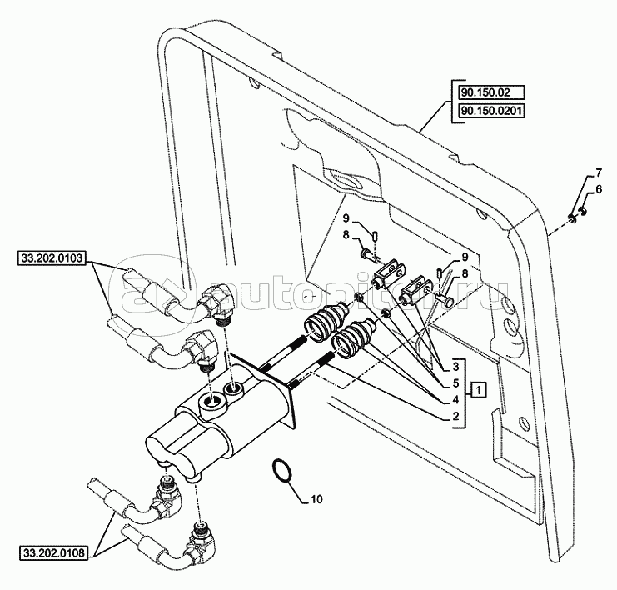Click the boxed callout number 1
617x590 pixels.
coord(477,389)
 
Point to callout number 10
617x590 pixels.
coord(316,500)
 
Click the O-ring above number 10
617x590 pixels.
coord(281,471)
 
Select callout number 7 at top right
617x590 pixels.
coord(597,173)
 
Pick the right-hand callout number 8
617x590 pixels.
coord(465,272)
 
